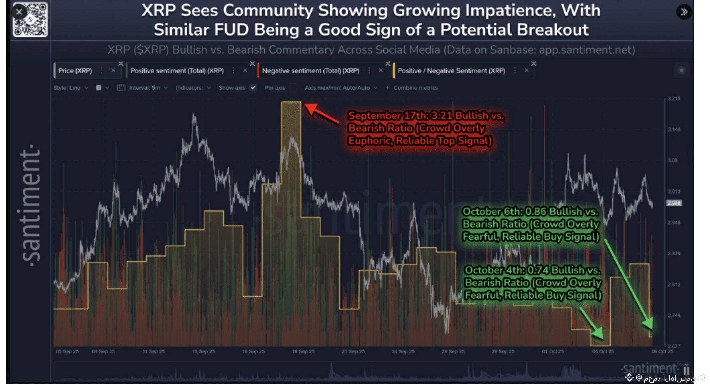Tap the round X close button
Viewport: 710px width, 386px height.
[x=19, y=12]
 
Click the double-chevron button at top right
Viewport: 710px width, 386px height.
[x=684, y=12]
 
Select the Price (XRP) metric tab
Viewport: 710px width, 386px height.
[x=75, y=71]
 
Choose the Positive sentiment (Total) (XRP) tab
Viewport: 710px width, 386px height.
[x=177, y=71]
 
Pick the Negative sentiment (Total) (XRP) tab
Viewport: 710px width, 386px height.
[x=310, y=71]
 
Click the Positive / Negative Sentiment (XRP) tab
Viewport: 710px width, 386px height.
[x=451, y=71]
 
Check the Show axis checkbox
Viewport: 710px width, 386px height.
[x=253, y=88]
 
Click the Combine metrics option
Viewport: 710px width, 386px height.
[x=415, y=88]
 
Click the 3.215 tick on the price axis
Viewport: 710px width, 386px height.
[x=674, y=99]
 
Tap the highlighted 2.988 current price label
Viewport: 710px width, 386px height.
[x=674, y=203]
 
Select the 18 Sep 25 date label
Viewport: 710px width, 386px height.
[x=303, y=351]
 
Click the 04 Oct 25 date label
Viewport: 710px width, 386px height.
[x=603, y=351]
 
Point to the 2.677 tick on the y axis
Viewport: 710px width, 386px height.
[x=674, y=346]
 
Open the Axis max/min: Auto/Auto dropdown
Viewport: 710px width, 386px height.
[x=340, y=88]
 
